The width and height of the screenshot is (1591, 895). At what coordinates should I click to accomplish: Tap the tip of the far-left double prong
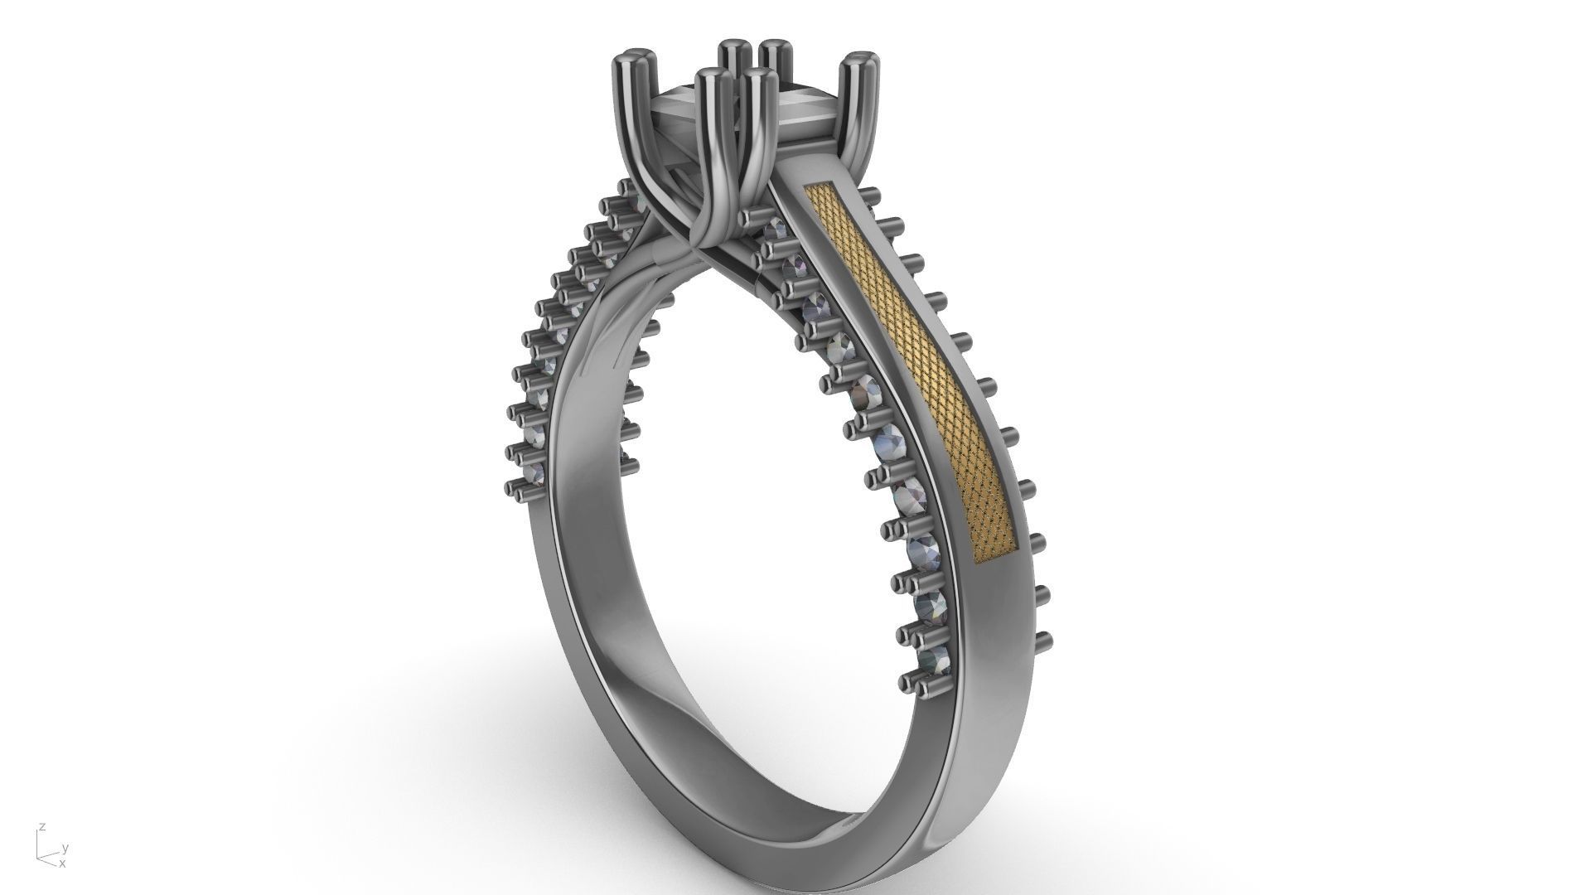click(635, 60)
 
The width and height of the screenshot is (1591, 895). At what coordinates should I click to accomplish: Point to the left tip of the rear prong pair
click(731, 46)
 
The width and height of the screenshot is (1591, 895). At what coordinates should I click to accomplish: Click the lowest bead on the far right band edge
click(1042, 639)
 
